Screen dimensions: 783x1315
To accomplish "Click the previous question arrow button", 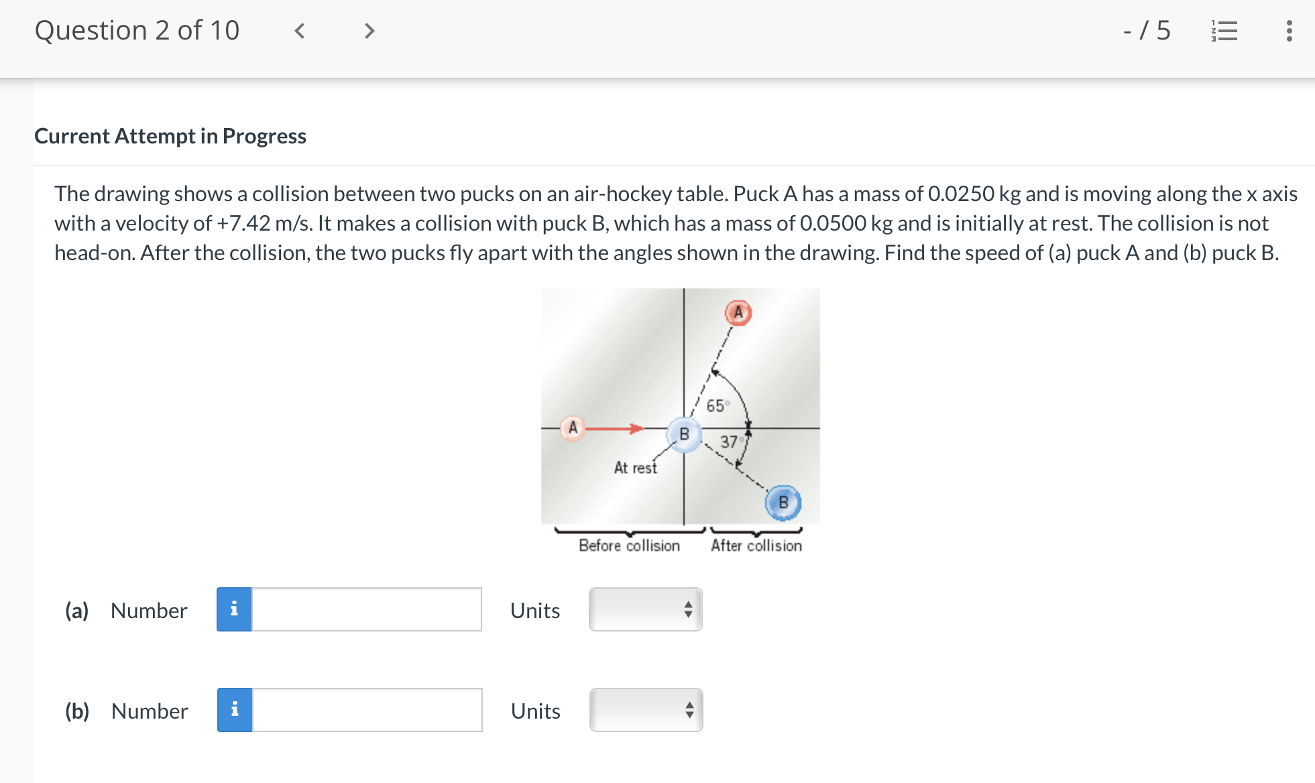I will coord(300,31).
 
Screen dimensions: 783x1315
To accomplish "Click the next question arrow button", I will coord(369,31).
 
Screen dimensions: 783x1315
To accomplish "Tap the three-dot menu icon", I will coord(1289,31).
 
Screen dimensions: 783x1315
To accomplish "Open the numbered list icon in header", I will coord(1224,31).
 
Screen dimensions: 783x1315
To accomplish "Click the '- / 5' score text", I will coord(1147,31).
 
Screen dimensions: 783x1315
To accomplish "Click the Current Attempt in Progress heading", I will coord(170,136).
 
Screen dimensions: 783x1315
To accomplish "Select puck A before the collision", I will coord(573,428).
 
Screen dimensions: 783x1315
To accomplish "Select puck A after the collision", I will coord(738,312).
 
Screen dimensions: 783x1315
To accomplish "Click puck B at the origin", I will coord(684,434).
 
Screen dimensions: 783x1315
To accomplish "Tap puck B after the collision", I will coord(783,502).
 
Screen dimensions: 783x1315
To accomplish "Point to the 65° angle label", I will coord(716,406).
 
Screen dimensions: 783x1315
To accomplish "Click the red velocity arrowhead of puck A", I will coord(636,428).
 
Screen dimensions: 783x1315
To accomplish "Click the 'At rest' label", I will coord(635,468).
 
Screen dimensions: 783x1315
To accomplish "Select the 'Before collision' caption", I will coord(629,546).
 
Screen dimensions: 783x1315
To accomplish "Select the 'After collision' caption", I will coord(756,546).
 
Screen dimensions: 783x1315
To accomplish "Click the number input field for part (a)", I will coord(366,609).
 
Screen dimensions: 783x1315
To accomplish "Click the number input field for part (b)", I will coord(366,710).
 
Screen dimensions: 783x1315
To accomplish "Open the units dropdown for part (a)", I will coord(645,609).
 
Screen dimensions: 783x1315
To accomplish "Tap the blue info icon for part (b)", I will coord(235,710).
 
